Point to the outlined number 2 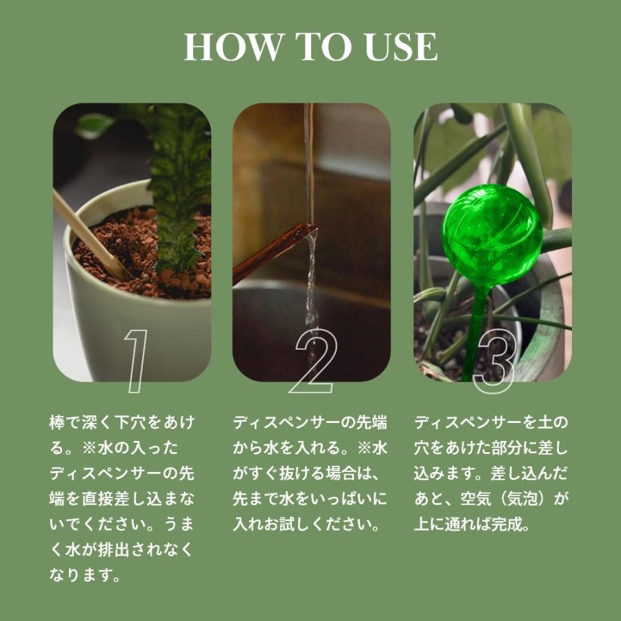pos(313,361)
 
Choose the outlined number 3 pos(495,361)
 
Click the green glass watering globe pos(491,235)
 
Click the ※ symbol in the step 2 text pos(365,448)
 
